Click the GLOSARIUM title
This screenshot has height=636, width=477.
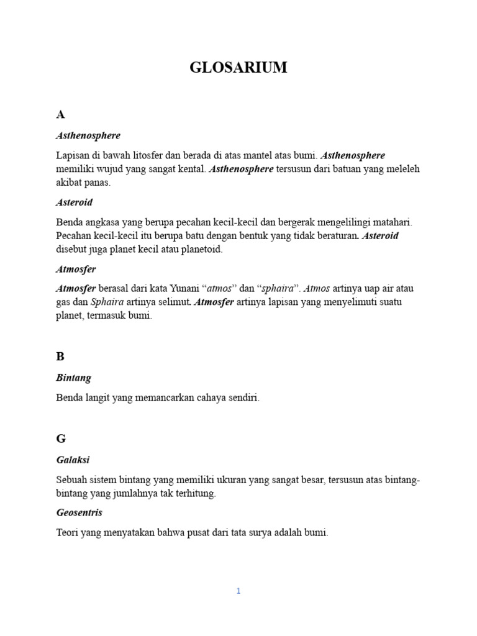click(x=238, y=68)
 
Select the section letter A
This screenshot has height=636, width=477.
click(x=60, y=114)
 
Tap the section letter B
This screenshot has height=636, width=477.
click(x=60, y=357)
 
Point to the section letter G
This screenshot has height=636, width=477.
click(x=61, y=438)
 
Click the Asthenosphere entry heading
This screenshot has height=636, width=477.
click(x=88, y=135)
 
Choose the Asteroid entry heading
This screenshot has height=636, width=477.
click(x=75, y=202)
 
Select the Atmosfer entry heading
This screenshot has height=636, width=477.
click(x=76, y=270)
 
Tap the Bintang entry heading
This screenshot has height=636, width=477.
click(x=74, y=378)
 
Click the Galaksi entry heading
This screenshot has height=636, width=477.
click(x=73, y=460)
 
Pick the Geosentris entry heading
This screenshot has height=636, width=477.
click(x=79, y=512)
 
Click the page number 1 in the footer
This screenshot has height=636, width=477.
click(x=238, y=591)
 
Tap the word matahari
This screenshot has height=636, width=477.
click(x=392, y=222)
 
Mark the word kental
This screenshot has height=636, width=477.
click(x=188, y=169)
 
